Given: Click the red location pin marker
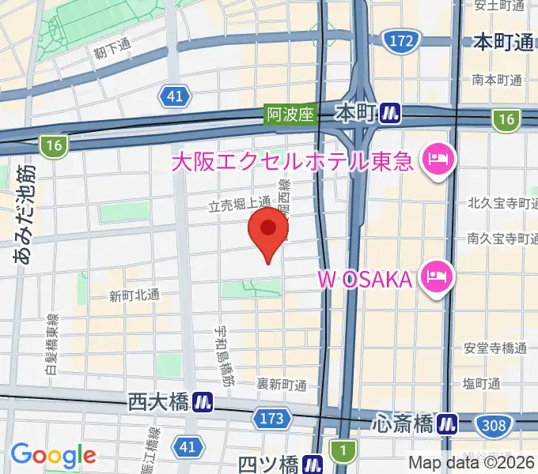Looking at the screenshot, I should point(268,231).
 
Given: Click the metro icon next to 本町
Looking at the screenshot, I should point(388,114).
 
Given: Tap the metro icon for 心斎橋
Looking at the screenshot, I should point(448,424).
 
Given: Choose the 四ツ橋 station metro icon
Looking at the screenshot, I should point(314,464).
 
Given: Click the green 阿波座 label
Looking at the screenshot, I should point(290,115).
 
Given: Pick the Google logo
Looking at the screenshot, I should point(53,455).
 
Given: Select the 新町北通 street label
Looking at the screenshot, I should point(134,296).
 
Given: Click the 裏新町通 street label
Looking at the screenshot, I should point(282,384).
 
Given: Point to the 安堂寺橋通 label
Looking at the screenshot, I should point(496,348).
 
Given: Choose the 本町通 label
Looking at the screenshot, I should point(503,42).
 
